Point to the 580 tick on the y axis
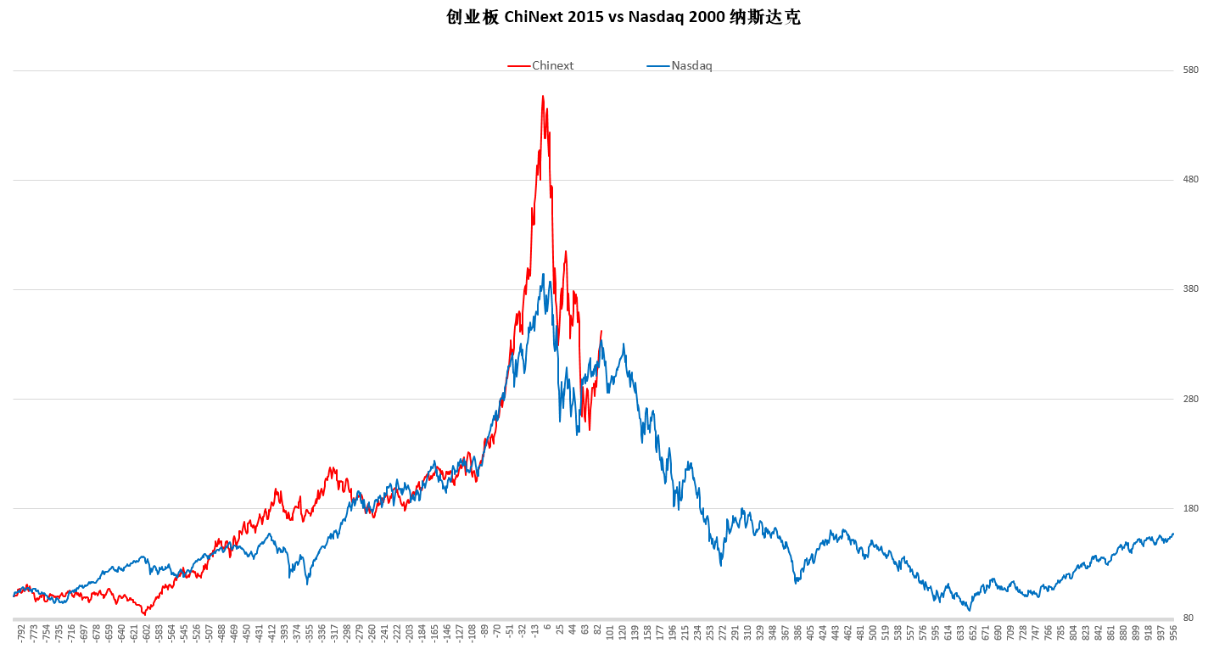[x=1190, y=70]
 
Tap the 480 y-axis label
[x=1190, y=180]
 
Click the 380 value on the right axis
[x=1190, y=289]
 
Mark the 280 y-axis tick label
[x=1190, y=399]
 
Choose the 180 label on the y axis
[x=1190, y=509]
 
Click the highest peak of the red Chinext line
[x=543, y=96]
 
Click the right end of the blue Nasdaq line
[x=1173, y=534]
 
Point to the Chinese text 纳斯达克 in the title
[x=764, y=18]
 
